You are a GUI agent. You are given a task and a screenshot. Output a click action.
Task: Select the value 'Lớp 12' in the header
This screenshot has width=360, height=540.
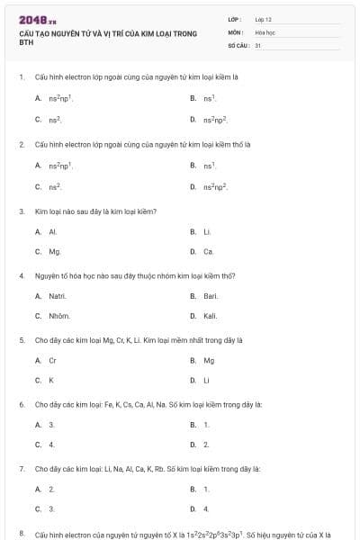(x=264, y=19)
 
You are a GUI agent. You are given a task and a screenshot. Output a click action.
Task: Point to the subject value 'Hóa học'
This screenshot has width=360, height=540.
(x=265, y=31)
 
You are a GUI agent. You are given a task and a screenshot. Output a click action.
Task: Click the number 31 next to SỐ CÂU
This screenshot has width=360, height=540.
(x=258, y=44)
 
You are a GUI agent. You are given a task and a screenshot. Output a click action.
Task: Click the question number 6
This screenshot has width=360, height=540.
(x=22, y=405)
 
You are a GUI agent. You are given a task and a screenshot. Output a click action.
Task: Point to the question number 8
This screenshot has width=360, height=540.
(x=22, y=534)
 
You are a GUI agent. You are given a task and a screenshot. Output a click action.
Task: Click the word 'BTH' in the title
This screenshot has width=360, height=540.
(x=25, y=43)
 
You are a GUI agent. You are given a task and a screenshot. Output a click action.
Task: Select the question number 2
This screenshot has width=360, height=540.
(x=22, y=144)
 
